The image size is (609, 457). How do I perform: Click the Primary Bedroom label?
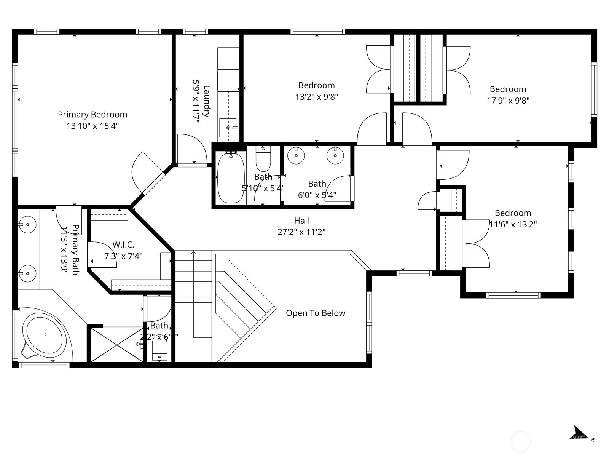click(92, 115)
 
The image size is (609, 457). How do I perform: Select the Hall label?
click(301, 221)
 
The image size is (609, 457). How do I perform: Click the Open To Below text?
click(316, 313)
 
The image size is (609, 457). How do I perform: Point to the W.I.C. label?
click(123, 245)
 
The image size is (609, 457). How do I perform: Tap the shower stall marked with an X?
click(116, 345)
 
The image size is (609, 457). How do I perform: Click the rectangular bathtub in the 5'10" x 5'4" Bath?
click(230, 177)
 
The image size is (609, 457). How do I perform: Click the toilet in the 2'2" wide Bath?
click(159, 350)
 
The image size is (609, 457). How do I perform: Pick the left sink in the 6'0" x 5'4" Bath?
click(296, 156)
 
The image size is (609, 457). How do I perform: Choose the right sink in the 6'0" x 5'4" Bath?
click(335, 156)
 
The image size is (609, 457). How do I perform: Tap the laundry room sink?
click(228, 128)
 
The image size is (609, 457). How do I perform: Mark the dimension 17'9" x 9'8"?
click(508, 101)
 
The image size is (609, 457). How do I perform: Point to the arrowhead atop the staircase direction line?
click(193, 252)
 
